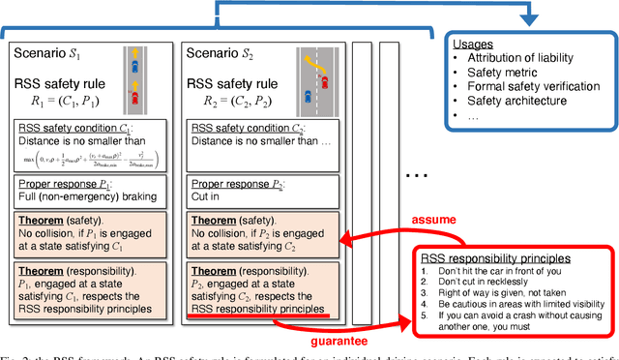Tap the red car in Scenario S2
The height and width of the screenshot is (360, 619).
(x=325, y=77)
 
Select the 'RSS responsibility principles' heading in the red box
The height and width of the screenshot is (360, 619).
(x=491, y=258)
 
